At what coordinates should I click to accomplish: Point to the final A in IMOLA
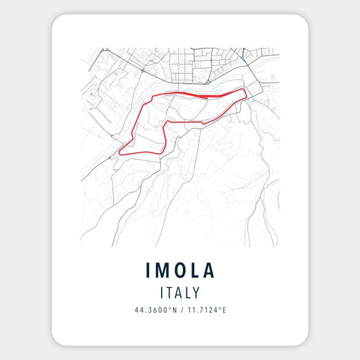[x=210, y=270]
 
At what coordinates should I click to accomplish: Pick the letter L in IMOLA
[x=195, y=270]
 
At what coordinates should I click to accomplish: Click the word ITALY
[x=180, y=293]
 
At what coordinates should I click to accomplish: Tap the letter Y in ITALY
[x=196, y=293]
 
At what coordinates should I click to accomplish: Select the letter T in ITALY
[x=171, y=293]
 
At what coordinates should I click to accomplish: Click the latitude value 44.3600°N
[x=154, y=310]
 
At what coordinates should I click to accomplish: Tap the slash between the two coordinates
[x=179, y=310]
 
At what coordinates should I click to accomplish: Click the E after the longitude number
[x=225, y=310]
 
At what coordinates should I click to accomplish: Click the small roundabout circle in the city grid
[x=178, y=64]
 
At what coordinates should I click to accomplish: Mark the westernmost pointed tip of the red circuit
[x=119, y=154]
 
